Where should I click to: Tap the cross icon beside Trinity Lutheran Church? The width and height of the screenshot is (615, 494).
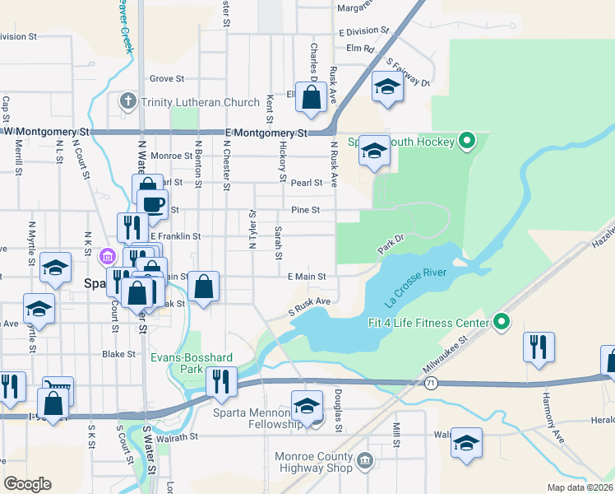tap(127, 102)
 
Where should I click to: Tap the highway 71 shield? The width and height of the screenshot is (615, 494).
tap(431, 383)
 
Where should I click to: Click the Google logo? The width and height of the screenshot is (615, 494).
tap(28, 484)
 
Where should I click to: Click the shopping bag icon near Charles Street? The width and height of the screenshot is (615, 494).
tap(312, 97)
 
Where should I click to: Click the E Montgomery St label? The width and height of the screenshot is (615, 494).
tap(265, 133)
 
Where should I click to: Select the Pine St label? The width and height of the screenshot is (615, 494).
tap(305, 210)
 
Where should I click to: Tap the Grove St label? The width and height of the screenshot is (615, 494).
tap(166, 79)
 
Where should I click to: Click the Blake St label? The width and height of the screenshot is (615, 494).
tap(118, 354)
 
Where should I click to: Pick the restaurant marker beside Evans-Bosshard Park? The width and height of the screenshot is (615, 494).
tap(220, 380)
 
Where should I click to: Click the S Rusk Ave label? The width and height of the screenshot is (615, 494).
tap(308, 306)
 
